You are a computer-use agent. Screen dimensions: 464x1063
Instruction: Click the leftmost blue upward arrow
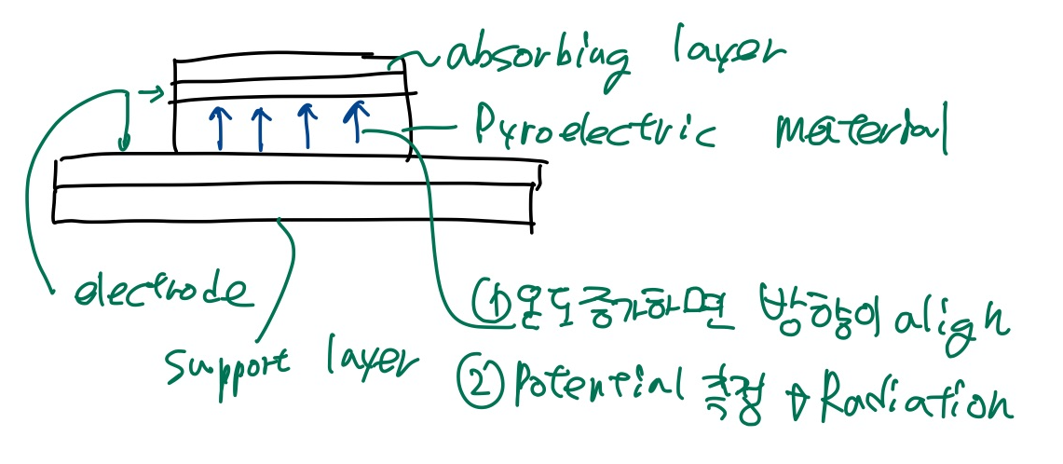click(220, 128)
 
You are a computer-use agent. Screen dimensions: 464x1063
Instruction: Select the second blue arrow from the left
click(262, 129)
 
